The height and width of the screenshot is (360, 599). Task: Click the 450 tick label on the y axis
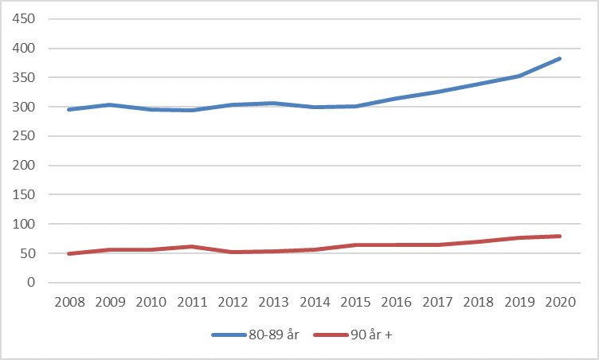pos(25,19)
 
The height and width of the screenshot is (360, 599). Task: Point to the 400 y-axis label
pos(25,49)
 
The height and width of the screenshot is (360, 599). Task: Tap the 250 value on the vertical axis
pos(25,136)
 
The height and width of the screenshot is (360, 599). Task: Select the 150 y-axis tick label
pos(25,195)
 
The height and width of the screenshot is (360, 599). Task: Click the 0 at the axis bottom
pos(32,283)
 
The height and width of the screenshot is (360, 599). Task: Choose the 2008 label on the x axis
pos(69,303)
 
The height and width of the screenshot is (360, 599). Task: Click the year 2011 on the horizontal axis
pos(192,303)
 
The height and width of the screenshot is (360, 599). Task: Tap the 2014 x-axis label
pos(315,303)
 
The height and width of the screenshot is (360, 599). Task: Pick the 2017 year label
pos(437,303)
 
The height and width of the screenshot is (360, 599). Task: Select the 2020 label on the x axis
pos(560,303)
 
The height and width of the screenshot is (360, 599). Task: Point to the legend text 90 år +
pos(371,335)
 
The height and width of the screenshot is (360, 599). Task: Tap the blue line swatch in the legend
pos(230,335)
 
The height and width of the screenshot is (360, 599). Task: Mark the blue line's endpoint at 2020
pos(560,58)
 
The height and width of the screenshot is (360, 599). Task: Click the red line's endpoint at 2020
pos(560,236)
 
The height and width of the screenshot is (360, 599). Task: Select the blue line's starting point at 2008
pos(69,109)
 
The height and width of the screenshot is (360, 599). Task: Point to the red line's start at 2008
pos(69,253)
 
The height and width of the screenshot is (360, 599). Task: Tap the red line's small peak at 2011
pos(192,246)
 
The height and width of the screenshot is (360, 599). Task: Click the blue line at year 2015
pos(355,106)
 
